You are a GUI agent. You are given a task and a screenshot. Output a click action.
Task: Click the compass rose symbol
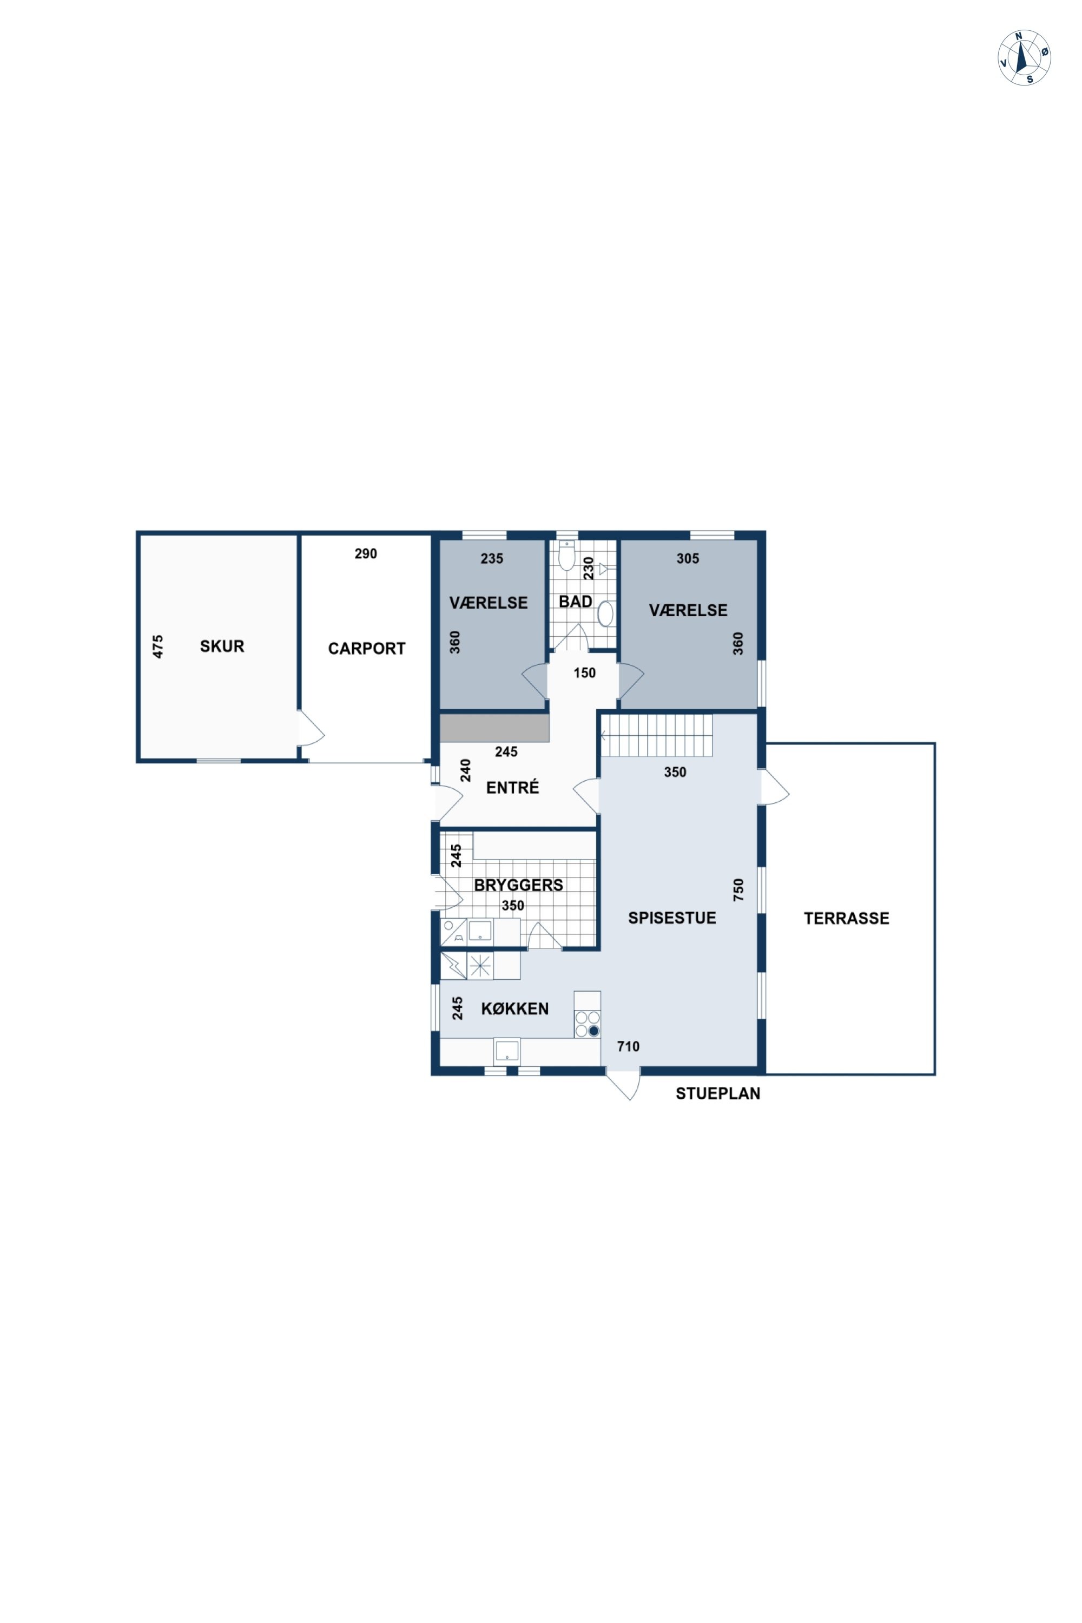click(x=1024, y=57)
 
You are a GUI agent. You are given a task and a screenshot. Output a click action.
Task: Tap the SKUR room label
click(x=222, y=646)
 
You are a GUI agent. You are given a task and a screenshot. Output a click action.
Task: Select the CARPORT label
click(x=366, y=649)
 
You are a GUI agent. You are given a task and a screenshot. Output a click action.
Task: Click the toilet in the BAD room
click(x=566, y=556)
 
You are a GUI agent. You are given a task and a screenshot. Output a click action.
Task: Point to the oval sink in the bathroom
click(x=605, y=613)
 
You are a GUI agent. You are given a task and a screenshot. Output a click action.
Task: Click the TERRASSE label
click(x=847, y=919)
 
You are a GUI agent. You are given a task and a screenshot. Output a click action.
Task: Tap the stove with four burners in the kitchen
click(x=587, y=1024)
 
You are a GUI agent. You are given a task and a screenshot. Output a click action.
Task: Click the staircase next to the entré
click(x=656, y=736)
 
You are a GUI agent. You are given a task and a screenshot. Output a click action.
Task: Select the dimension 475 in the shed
click(x=158, y=646)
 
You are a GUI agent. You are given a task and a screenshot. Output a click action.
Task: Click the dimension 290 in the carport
click(x=366, y=553)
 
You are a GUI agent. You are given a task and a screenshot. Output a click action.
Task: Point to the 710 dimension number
click(x=628, y=1047)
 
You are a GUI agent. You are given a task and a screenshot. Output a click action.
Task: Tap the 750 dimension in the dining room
click(x=738, y=889)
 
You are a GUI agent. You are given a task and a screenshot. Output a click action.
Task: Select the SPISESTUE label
click(x=672, y=918)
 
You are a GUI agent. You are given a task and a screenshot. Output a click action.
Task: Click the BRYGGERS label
click(x=518, y=885)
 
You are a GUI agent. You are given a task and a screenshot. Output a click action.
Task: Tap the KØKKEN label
click(x=515, y=1009)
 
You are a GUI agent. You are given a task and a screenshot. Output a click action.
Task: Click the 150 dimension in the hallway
click(x=584, y=673)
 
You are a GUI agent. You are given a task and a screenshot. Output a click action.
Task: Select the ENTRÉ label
click(x=513, y=787)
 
